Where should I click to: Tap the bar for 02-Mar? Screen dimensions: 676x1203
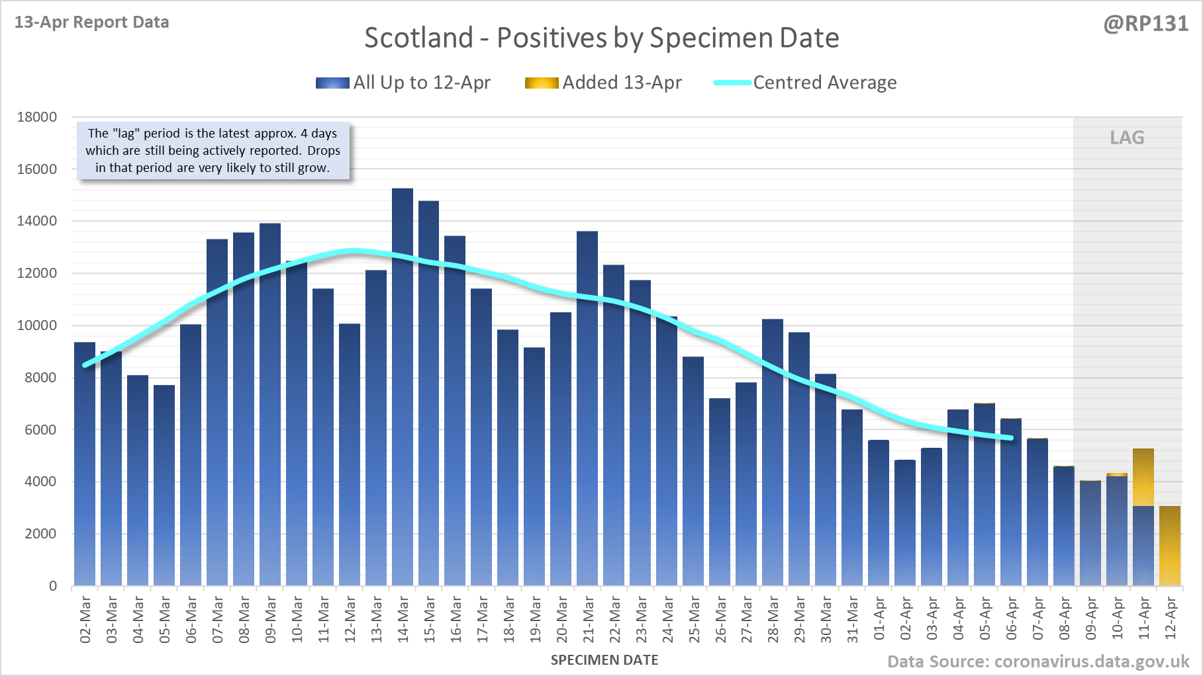[85, 464]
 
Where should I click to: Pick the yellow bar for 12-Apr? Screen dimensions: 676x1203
[1170, 546]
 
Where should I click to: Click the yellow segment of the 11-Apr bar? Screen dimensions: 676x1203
[1143, 477]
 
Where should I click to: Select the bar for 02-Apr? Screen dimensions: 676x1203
[905, 523]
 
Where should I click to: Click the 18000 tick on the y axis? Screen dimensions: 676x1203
[37, 117]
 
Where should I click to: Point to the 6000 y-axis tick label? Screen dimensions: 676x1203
[41, 429]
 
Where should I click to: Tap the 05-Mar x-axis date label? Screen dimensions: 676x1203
[165, 620]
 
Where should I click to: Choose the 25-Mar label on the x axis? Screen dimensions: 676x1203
[694, 620]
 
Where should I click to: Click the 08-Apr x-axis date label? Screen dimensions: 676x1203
[1065, 620]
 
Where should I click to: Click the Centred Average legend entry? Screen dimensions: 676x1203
[824, 83]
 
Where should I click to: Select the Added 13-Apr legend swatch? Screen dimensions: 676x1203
[542, 83]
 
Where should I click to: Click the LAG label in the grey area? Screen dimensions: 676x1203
[1127, 138]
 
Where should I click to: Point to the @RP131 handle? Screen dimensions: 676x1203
[1145, 24]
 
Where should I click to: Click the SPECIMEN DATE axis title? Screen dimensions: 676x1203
[604, 660]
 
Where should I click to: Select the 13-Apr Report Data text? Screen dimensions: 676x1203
[92, 22]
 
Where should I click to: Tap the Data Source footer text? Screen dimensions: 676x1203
[1038, 661]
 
